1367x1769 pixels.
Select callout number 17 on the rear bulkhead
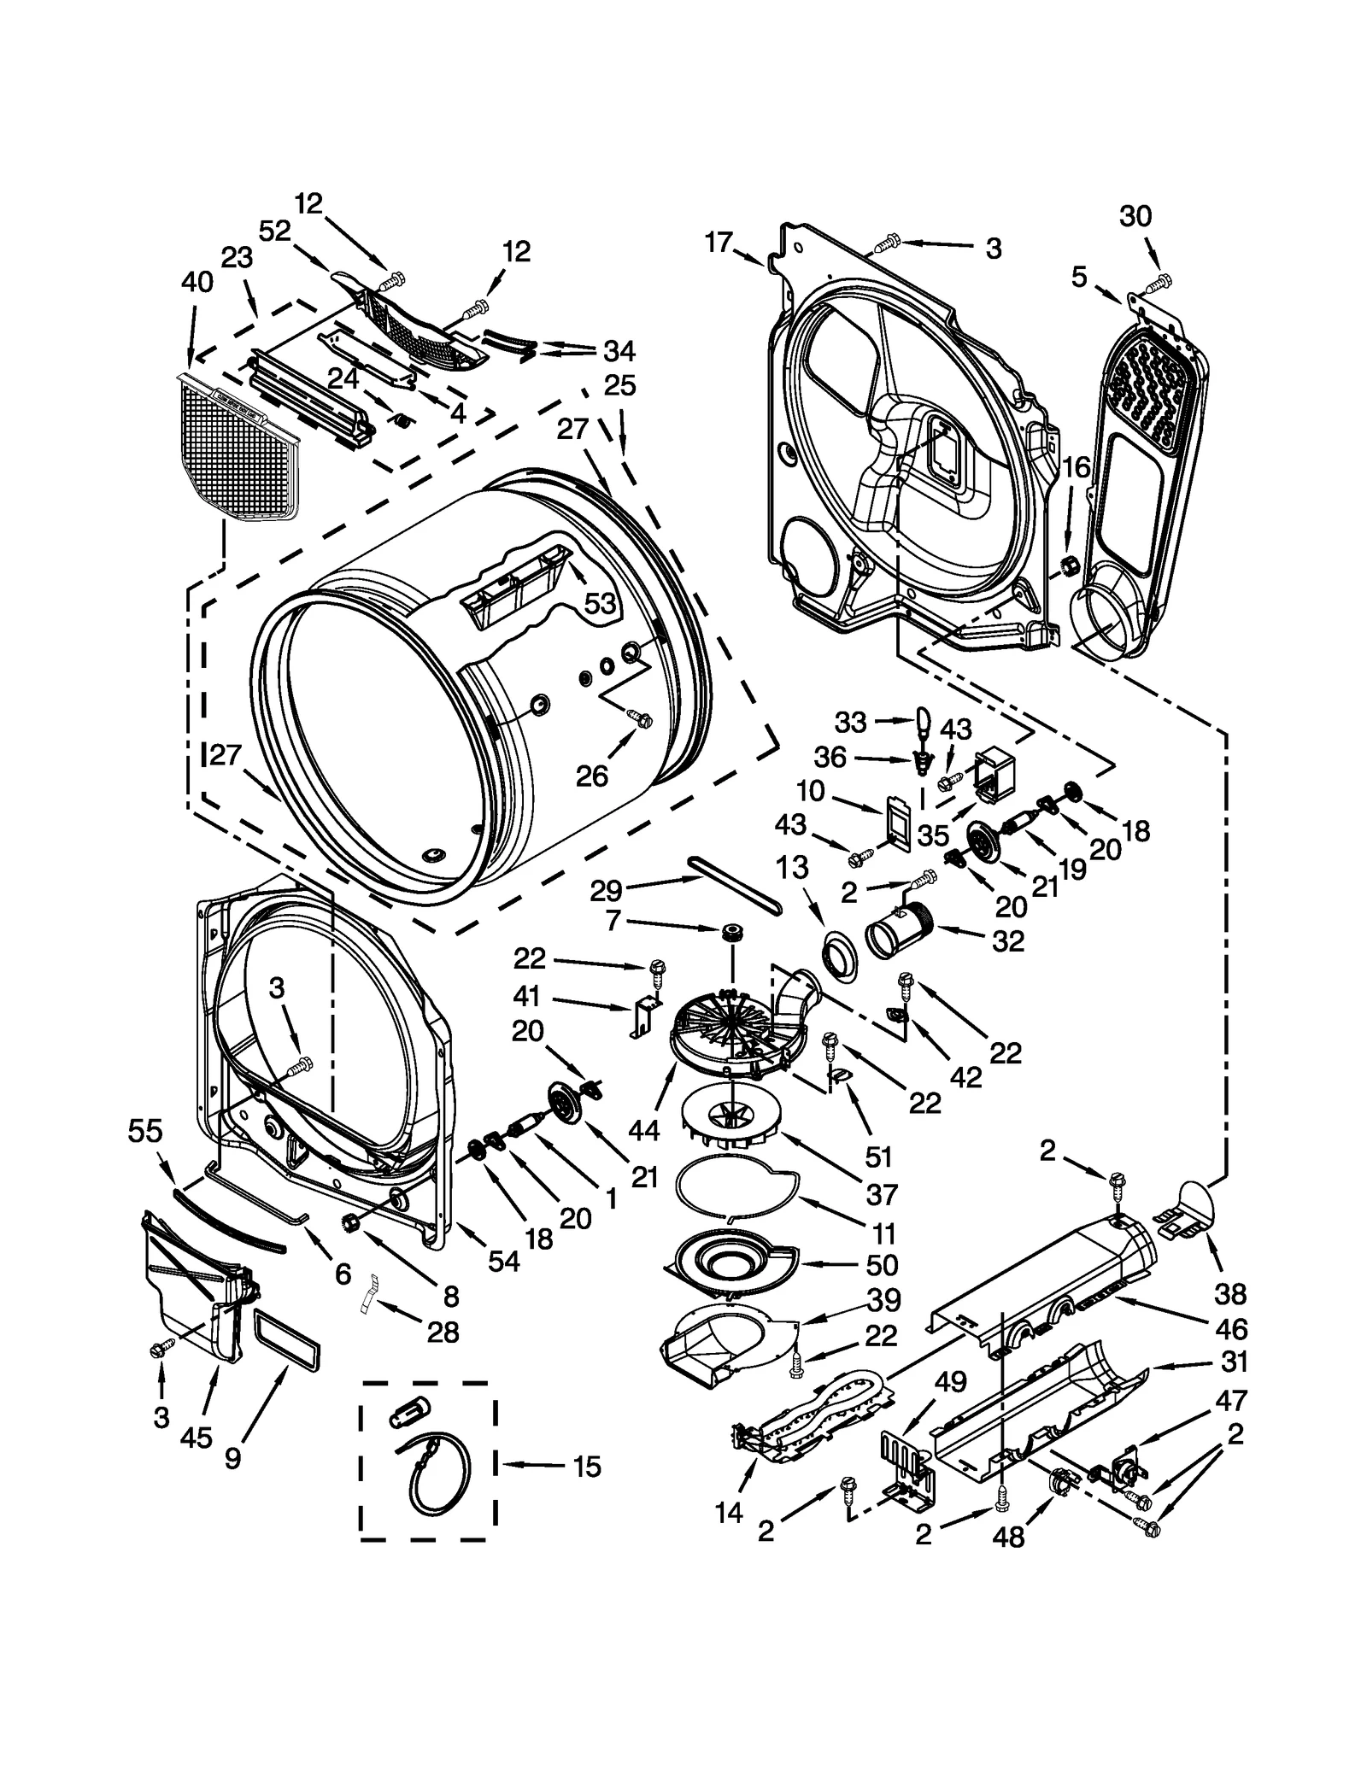719,243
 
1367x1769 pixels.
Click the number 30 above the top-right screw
1135,217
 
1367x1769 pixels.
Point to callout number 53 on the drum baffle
600,604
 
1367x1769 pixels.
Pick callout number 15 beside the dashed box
587,1467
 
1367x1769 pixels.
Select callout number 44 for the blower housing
643,1130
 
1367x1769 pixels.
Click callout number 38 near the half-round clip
1230,1295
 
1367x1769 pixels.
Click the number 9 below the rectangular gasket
233,1458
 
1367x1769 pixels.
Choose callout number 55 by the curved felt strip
144,1132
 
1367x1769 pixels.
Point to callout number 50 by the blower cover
883,1264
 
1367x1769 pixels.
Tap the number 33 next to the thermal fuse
850,723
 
